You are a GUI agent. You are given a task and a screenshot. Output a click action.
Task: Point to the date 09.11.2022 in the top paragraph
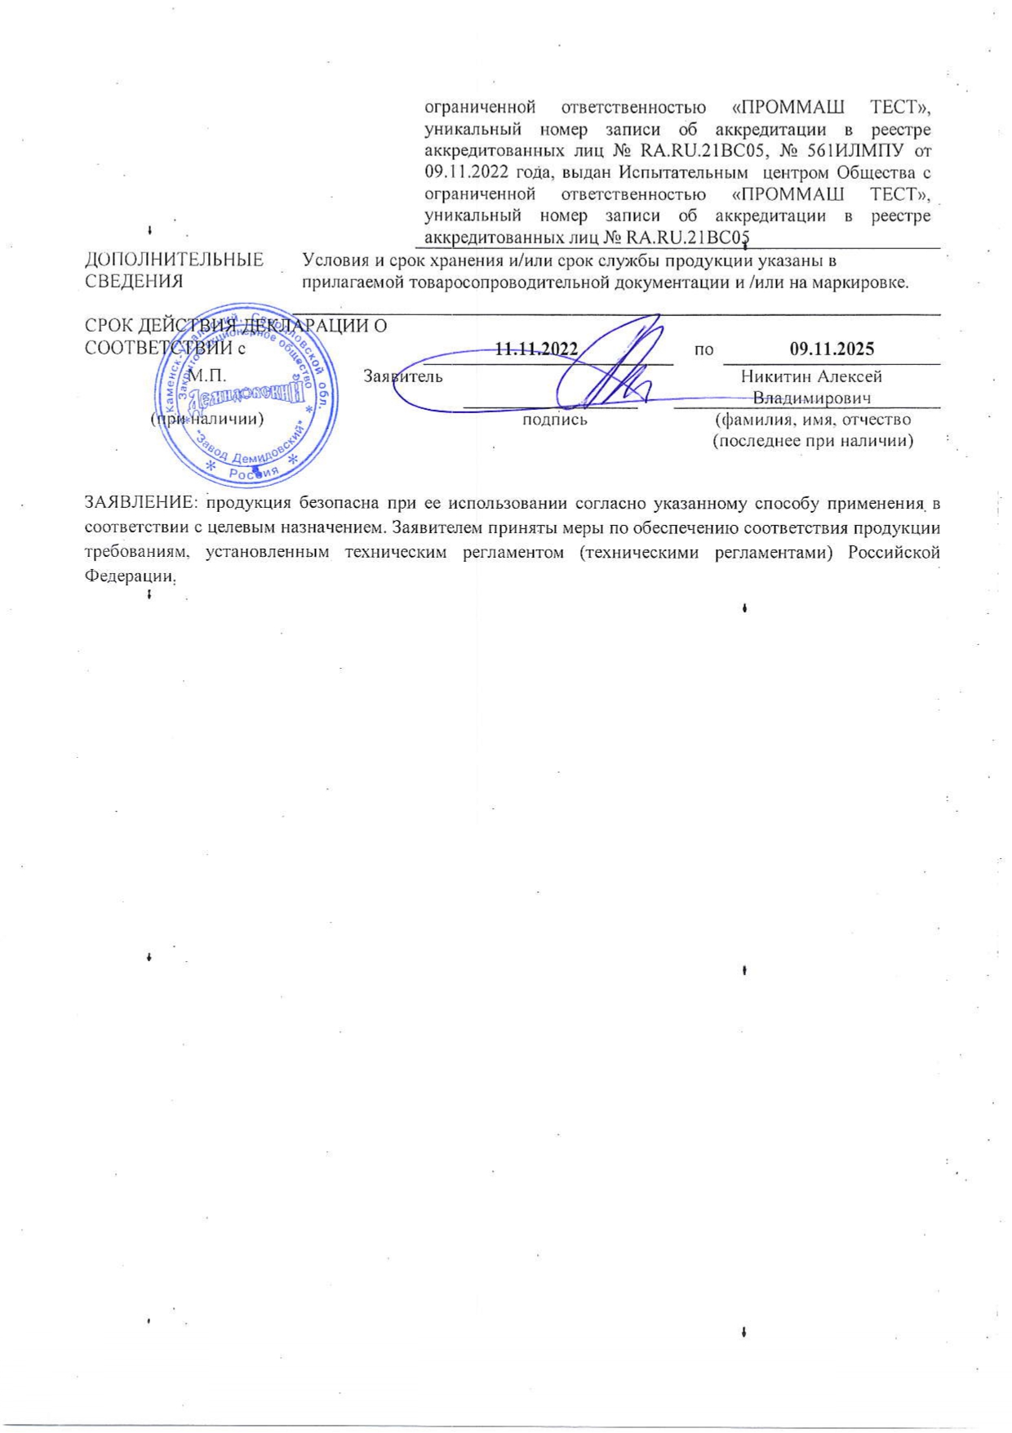465,172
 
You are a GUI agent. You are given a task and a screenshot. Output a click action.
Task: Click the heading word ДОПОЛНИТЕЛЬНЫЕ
175,260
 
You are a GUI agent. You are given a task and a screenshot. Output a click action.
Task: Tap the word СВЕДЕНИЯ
134,282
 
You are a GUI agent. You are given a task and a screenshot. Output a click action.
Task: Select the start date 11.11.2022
536,349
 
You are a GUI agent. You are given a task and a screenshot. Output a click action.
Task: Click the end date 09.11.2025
832,349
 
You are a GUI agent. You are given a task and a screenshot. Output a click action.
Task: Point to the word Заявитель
403,376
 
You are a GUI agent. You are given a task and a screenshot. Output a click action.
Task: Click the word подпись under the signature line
554,420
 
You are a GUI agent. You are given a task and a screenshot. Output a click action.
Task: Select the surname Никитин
775,376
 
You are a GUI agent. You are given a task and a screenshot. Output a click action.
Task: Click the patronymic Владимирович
811,398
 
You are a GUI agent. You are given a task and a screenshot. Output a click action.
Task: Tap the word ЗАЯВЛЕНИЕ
142,504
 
